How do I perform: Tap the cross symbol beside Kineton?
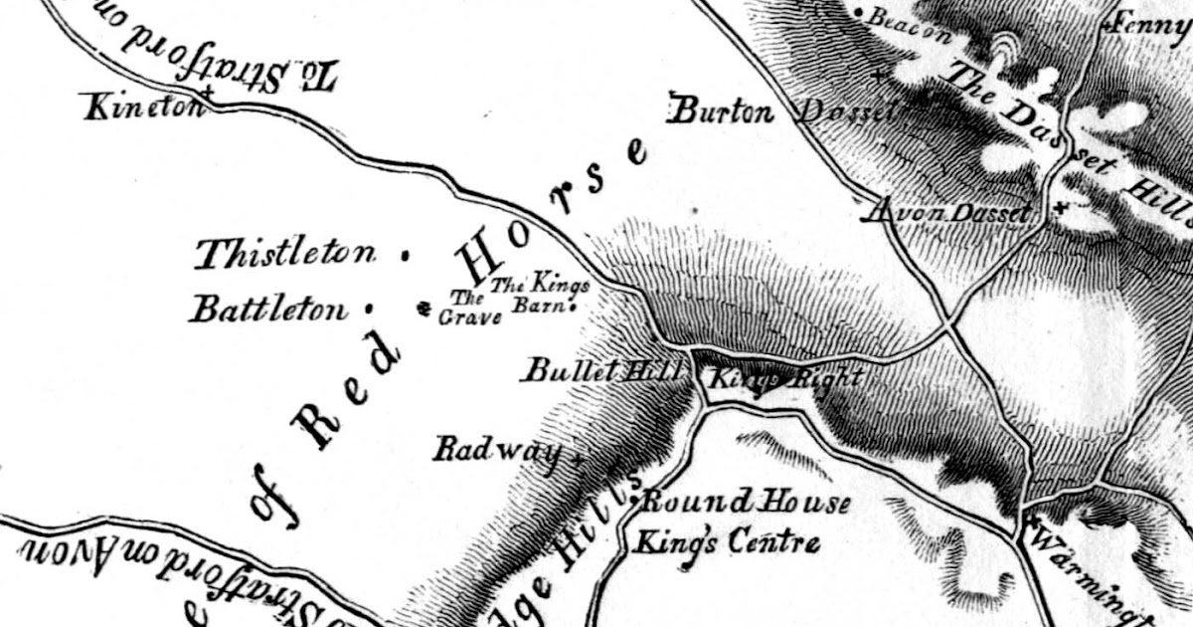pyautogui.click(x=207, y=94)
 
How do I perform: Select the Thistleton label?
pyautogui.click(x=286, y=256)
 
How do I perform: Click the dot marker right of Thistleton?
pyautogui.click(x=403, y=256)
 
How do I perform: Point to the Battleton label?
pyautogui.click(x=269, y=310)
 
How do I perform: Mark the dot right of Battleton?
pyautogui.click(x=368, y=308)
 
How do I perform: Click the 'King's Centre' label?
pyautogui.click(x=728, y=542)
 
